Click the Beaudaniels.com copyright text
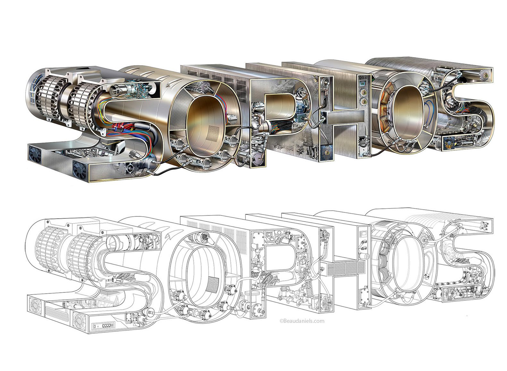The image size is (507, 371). (302, 321)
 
